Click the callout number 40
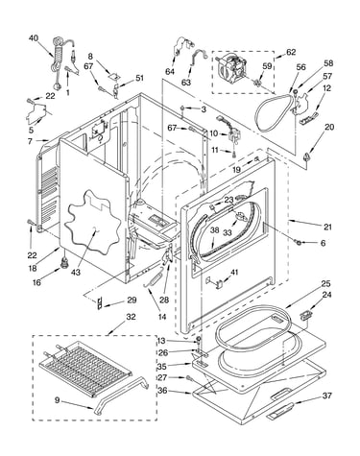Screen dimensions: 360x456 coord(34,38)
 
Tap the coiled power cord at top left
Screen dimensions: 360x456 coord(58,62)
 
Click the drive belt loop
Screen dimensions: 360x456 coord(274,112)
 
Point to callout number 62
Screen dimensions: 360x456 coord(291,52)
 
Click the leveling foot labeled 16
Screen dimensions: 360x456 coord(65,263)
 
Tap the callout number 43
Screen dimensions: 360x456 coord(76,273)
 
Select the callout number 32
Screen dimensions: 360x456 coord(131,317)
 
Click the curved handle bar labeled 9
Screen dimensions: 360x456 coord(122,395)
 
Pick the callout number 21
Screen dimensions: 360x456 coord(327,228)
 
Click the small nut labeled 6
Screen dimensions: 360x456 coord(298,243)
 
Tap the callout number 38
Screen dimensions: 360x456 coord(215,229)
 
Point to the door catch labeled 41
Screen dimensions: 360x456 coord(215,282)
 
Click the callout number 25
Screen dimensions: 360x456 coord(326,284)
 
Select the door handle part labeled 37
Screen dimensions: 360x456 coord(279,412)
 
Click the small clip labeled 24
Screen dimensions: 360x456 coord(305,314)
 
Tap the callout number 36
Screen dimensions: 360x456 coord(162,391)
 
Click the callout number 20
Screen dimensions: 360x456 coord(329,127)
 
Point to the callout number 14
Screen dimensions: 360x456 coord(162,317)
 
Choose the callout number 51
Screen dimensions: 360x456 coord(139,78)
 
